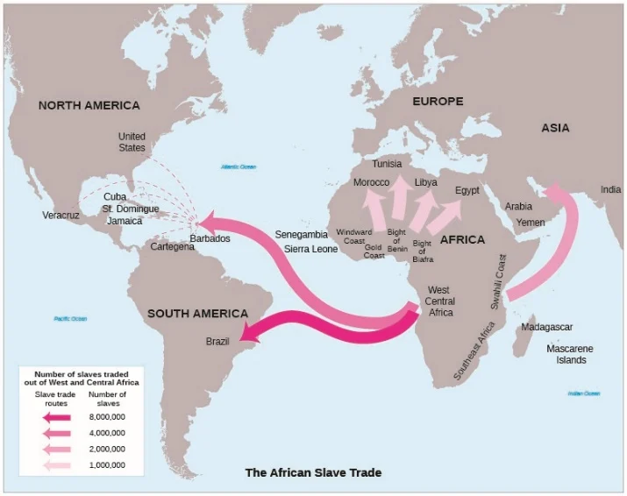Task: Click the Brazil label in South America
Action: click(x=217, y=342)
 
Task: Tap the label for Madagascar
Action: click(x=546, y=327)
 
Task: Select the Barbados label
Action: click(x=210, y=238)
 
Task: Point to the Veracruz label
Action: click(x=61, y=215)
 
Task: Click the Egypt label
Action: click(x=467, y=190)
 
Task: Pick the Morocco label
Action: click(x=371, y=182)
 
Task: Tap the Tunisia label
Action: click(x=387, y=164)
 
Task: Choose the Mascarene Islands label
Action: click(x=569, y=354)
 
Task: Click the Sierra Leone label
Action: click(x=310, y=249)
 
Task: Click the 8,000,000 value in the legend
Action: click(x=107, y=416)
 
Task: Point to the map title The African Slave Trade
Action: click(x=313, y=472)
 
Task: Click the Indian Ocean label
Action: click(x=583, y=393)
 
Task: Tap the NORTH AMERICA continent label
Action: click(x=89, y=105)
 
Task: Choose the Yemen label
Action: click(x=530, y=223)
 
